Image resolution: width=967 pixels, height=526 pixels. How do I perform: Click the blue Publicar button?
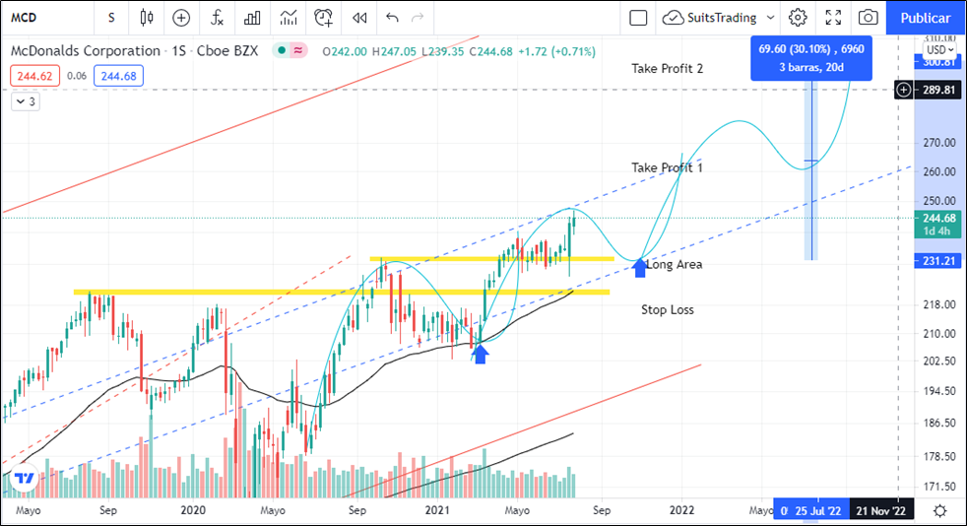pos(926,18)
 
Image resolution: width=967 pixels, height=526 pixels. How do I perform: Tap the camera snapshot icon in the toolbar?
pos(868,18)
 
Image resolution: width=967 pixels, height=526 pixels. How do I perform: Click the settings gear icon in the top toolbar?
pos(798,18)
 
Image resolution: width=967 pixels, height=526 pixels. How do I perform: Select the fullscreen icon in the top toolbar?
pos(833,18)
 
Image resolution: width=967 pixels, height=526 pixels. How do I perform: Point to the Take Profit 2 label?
pos(667,68)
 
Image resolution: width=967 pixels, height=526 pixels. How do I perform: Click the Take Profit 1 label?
pos(667,167)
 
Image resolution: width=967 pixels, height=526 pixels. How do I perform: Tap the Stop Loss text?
pos(667,309)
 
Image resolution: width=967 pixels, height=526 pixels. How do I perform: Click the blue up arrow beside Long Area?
pos(639,266)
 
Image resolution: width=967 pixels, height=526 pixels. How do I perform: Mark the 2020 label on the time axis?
pos(193,510)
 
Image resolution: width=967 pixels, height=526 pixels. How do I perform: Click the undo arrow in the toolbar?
pos(392,18)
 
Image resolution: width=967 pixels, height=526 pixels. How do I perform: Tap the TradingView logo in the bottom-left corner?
pos(26,479)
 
